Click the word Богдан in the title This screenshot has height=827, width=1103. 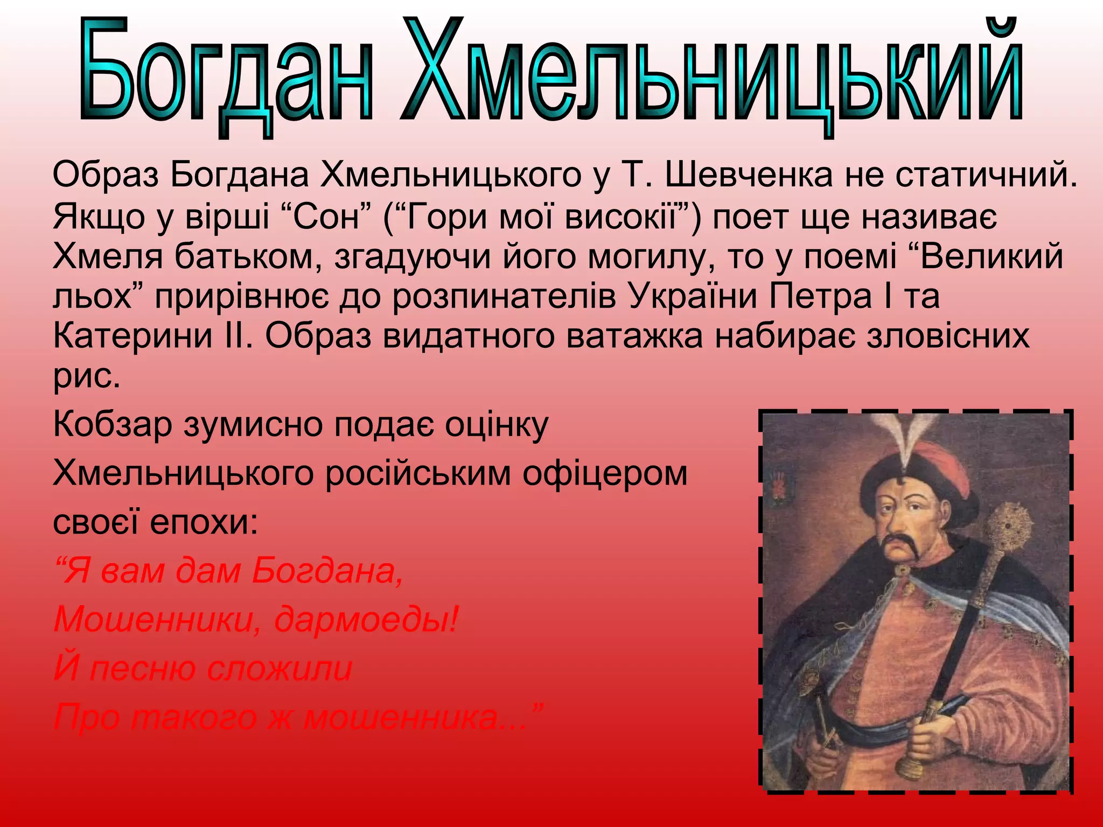coord(226,73)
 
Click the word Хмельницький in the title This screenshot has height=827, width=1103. coord(711,73)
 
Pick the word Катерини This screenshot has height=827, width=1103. coord(132,336)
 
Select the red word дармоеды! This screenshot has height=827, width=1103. coord(366,620)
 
